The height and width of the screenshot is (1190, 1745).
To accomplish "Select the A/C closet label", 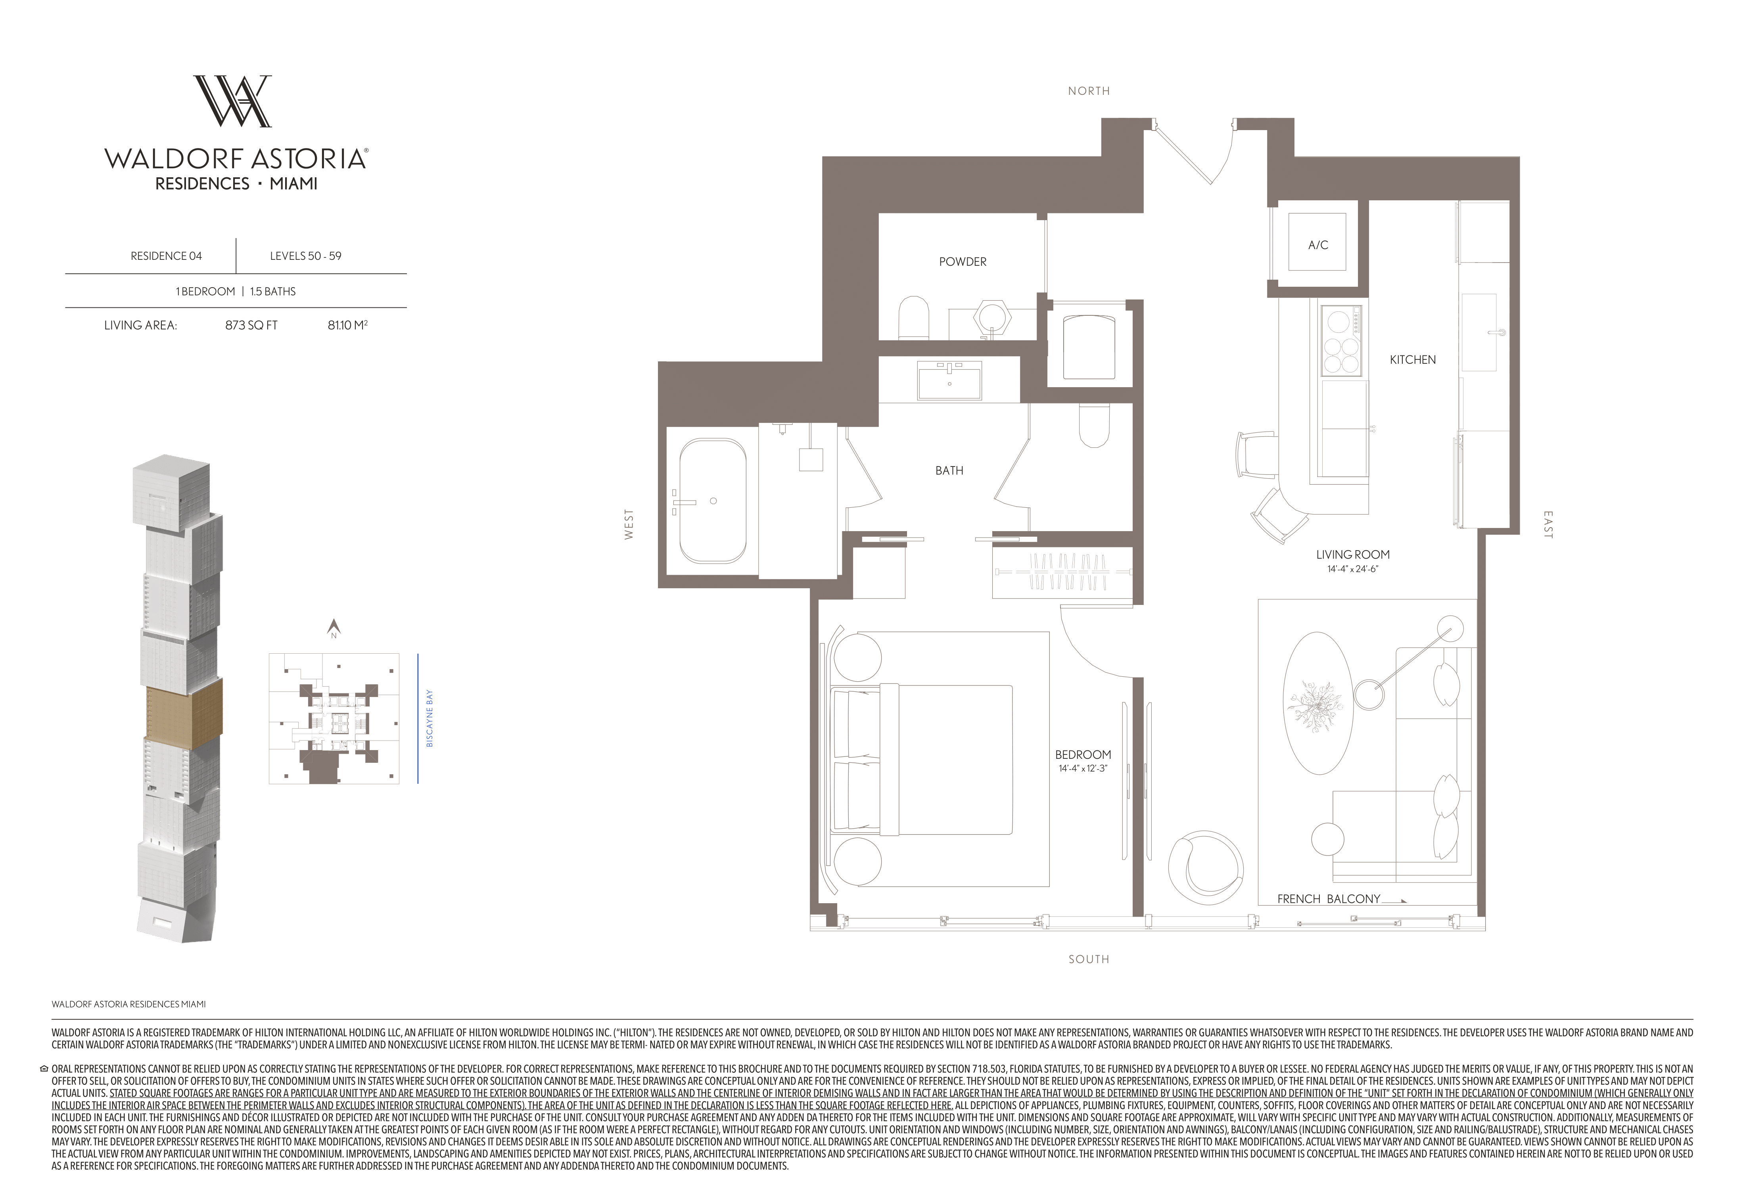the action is pyautogui.click(x=1318, y=245).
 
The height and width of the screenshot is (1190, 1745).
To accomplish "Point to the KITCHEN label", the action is pyautogui.click(x=1412, y=360).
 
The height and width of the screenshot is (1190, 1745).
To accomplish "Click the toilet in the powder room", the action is pyautogui.click(x=914, y=319).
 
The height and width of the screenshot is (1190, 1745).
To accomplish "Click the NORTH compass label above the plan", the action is pyautogui.click(x=1089, y=91).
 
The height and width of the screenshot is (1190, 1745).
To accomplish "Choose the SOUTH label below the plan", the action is pyautogui.click(x=1089, y=959).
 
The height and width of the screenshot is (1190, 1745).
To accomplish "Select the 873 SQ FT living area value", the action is pyautogui.click(x=251, y=325).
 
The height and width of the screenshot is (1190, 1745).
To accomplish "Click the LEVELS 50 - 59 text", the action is pyautogui.click(x=306, y=256).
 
